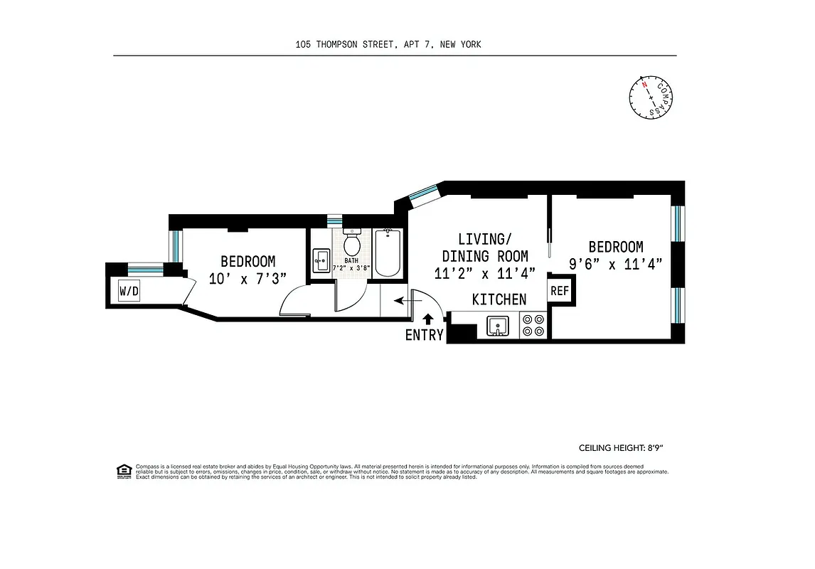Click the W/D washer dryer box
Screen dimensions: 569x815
[x=129, y=291]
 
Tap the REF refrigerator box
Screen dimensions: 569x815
[x=560, y=291]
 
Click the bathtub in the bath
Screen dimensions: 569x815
[x=388, y=252]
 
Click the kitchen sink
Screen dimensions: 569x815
[x=499, y=326]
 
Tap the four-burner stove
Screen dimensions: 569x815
[x=533, y=326]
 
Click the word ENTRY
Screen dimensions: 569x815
[x=425, y=336]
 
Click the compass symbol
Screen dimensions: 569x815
[x=650, y=97]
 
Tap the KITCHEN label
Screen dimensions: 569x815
[x=499, y=299]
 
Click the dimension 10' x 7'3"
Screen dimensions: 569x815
[x=247, y=279]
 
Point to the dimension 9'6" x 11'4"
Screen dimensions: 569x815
[x=615, y=264]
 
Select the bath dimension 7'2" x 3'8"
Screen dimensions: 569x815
[x=351, y=268]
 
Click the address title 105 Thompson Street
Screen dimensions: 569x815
[x=388, y=44]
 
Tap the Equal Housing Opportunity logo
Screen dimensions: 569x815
[x=124, y=471]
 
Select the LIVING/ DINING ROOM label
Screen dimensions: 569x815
[x=485, y=248]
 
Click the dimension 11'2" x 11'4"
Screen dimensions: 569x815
[x=485, y=272]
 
